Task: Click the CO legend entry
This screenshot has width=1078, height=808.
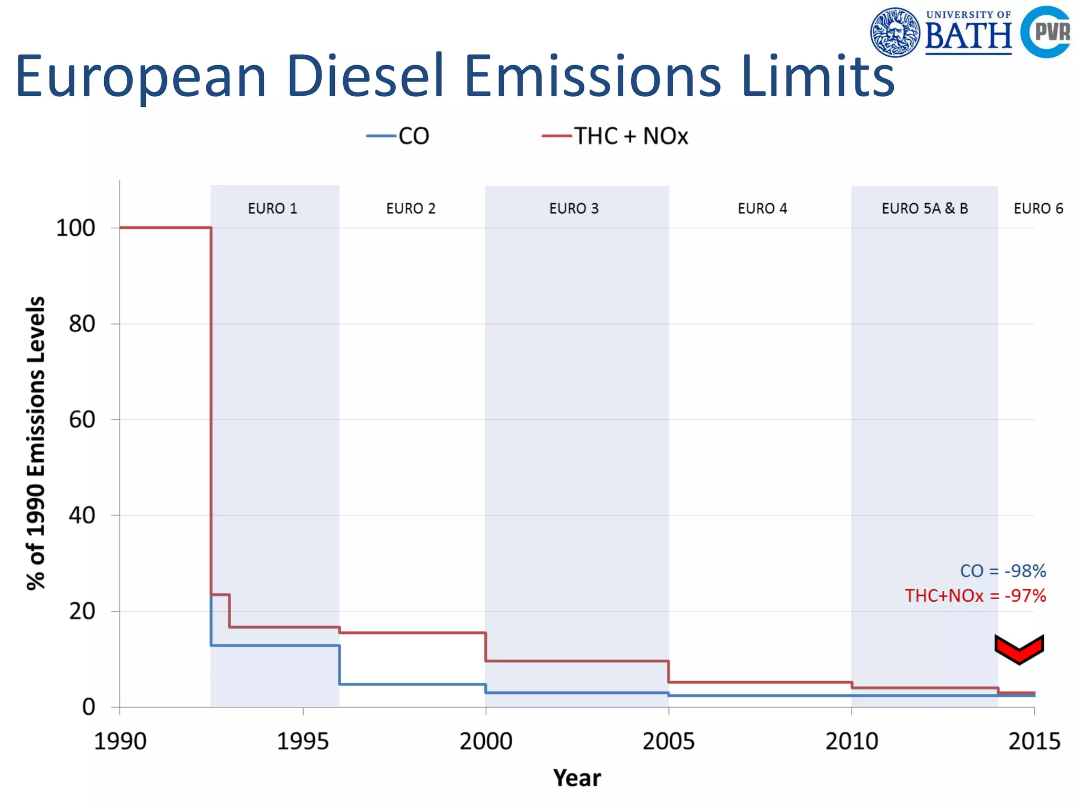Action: pos(399,136)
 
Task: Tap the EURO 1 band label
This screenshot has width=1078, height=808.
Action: pos(273,209)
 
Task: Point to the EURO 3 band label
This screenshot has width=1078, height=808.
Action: pos(574,209)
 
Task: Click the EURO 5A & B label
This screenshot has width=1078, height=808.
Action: pos(925,209)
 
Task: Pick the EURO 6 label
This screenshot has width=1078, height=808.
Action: pos(1038,209)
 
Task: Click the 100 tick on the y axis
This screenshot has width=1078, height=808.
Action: pos(76,228)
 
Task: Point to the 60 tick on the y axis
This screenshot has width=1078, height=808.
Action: pos(82,420)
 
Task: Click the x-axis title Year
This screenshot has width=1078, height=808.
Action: pos(577,778)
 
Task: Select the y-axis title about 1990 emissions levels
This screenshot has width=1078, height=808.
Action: pos(36,443)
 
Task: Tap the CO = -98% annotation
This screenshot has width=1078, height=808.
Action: pos(1003,571)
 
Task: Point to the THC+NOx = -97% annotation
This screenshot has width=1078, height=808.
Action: pos(975,596)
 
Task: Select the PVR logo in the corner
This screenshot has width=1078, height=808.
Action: pos(1046,32)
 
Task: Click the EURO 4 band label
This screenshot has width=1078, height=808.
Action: pos(762,209)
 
